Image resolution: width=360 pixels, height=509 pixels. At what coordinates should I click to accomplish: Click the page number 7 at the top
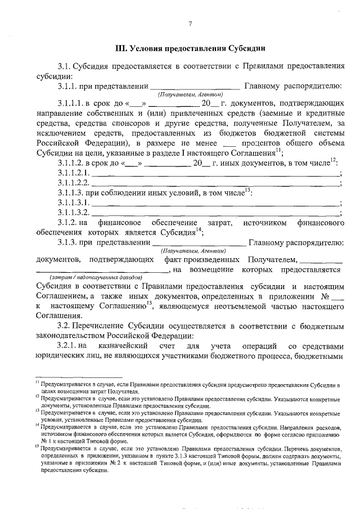click(x=190, y=23)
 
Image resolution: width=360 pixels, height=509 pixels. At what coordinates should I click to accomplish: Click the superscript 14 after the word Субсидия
click(x=199, y=231)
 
